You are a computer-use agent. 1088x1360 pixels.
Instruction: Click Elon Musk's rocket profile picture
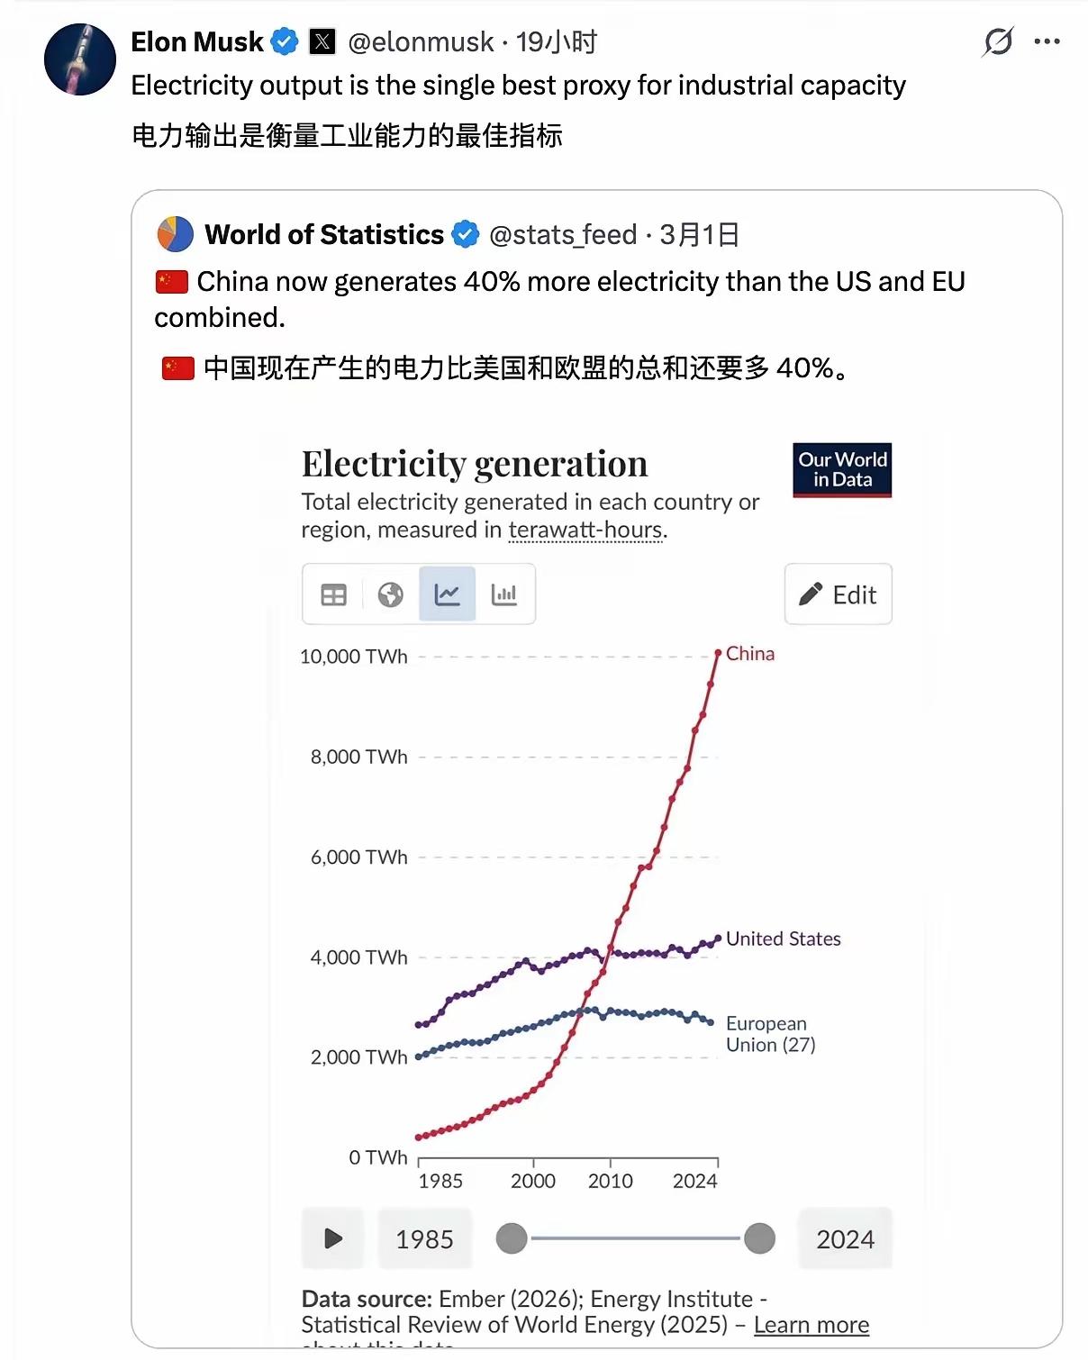tap(80, 59)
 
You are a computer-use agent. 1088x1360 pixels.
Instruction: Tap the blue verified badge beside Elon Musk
tap(285, 41)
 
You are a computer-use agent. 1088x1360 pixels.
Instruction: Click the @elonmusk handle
tap(421, 41)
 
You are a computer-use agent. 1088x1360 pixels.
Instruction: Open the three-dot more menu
tap(1047, 41)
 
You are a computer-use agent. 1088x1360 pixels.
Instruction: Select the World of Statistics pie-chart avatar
tap(176, 234)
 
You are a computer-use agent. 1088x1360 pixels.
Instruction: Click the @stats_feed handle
tap(563, 235)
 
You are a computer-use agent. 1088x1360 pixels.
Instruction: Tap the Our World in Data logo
tap(842, 469)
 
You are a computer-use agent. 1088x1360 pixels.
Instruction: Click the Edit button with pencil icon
tap(838, 594)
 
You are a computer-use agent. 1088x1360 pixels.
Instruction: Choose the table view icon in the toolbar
tap(333, 594)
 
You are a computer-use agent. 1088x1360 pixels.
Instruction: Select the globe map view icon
tap(390, 594)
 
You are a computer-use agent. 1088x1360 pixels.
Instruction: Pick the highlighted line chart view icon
tap(448, 594)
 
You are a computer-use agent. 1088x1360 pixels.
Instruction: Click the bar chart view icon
tap(504, 594)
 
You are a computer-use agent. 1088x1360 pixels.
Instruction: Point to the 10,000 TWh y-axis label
tap(354, 657)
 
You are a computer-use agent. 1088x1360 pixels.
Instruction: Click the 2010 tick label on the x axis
tap(611, 1181)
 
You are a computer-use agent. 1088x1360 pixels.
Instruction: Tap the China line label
tap(750, 654)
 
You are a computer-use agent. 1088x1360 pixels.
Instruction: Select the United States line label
tap(783, 938)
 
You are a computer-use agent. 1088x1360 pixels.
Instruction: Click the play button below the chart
tap(333, 1238)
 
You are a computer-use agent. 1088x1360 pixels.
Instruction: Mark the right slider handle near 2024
tap(759, 1238)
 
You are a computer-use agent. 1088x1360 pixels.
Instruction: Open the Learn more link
tap(811, 1325)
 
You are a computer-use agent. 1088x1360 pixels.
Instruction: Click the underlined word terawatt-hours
tap(585, 530)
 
